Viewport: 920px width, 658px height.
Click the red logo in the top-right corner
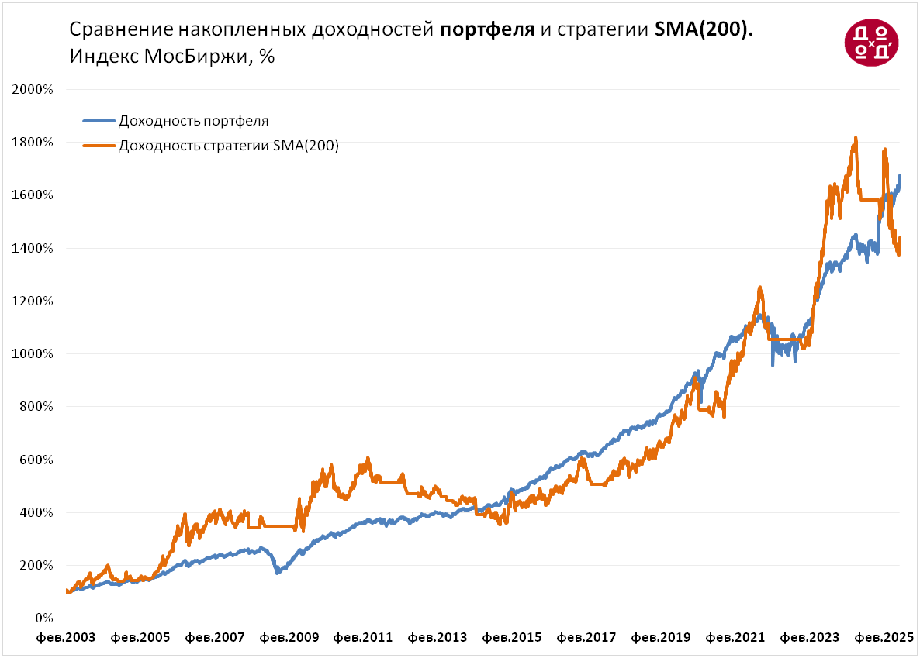871,42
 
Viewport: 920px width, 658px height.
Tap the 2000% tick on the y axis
33,89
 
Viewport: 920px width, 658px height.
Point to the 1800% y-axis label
33,143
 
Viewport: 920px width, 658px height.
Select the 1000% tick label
33,354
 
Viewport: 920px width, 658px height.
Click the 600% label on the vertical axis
36,460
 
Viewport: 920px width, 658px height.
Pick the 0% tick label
43,618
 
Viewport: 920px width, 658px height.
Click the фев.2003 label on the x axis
67,638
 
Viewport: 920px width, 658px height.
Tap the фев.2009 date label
289,638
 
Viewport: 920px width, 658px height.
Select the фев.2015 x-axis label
511,638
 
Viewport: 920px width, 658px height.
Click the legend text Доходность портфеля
193,121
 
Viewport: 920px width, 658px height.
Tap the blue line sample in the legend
99,121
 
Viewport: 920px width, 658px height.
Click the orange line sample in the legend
99,144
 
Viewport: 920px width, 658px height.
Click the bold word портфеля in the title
486,30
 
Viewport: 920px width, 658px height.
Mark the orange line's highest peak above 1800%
855,138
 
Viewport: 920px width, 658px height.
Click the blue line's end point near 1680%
900,176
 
